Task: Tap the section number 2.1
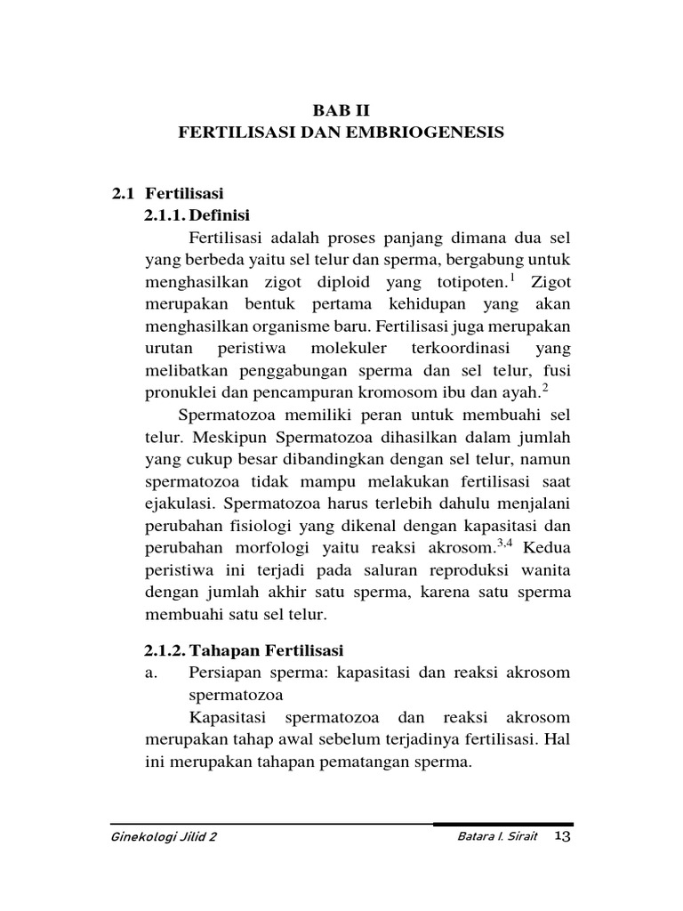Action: (x=123, y=193)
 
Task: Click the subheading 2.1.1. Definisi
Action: (x=197, y=215)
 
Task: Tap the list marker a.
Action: (x=150, y=673)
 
